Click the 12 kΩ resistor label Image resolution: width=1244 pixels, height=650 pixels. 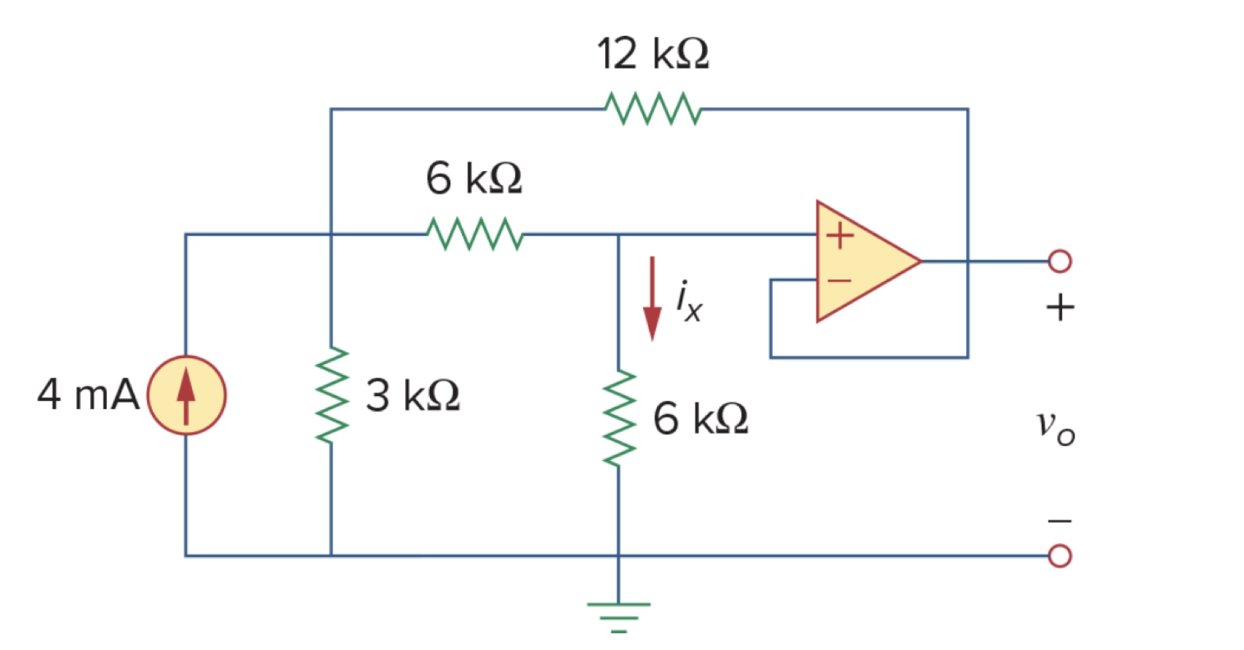tap(653, 54)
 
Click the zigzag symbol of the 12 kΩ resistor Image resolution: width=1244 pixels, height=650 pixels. tap(653, 108)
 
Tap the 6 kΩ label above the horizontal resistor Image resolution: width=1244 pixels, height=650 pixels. tap(474, 178)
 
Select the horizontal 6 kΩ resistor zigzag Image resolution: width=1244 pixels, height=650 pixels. tap(474, 234)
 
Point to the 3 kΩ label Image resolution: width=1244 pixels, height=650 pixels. tap(412, 395)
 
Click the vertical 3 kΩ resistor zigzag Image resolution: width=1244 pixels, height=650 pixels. tap(332, 395)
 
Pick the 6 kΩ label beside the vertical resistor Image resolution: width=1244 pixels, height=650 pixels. tap(700, 419)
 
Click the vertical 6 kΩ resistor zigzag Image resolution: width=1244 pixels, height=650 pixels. tap(619, 419)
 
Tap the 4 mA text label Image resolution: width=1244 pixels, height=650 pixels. tap(88, 395)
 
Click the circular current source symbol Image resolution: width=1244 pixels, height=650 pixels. tap(186, 395)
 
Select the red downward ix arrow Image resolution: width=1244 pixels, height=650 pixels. tap(653, 298)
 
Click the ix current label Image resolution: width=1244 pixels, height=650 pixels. tap(688, 301)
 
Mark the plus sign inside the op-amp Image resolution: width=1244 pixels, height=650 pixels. tap(840, 235)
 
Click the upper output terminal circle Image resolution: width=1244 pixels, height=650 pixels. tap(1059, 261)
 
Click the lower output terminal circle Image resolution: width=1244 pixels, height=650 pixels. tap(1059, 556)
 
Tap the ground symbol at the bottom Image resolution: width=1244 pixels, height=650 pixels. tap(619, 616)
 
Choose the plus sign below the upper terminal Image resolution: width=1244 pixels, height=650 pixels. tap(1060, 307)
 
